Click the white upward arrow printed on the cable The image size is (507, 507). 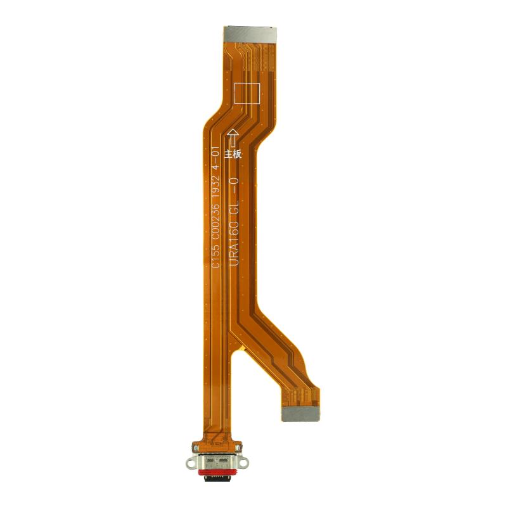pos(233,139)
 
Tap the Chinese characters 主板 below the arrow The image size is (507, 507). pos(233,155)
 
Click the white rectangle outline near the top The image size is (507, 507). pos(247,93)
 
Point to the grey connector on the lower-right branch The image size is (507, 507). pos(300,414)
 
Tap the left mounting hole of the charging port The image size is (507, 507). pos(191,463)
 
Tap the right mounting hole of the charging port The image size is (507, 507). pos(244,463)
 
